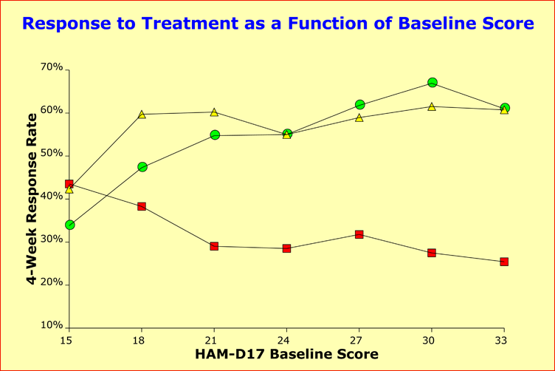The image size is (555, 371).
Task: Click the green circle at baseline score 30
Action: click(432, 82)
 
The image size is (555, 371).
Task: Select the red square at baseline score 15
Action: click(69, 184)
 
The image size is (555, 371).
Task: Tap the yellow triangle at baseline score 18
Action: click(142, 115)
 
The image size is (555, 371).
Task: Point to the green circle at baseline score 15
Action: click(69, 225)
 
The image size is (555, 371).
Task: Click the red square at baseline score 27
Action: click(359, 234)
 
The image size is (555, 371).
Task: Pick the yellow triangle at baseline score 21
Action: click(214, 112)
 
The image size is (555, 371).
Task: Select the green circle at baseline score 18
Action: click(142, 167)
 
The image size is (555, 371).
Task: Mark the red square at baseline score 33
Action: click(504, 262)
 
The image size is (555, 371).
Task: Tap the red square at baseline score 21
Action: click(214, 246)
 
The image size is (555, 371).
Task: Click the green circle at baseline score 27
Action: click(359, 105)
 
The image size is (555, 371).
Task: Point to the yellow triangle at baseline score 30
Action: click(432, 106)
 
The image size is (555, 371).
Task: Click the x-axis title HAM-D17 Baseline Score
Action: click(286, 354)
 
